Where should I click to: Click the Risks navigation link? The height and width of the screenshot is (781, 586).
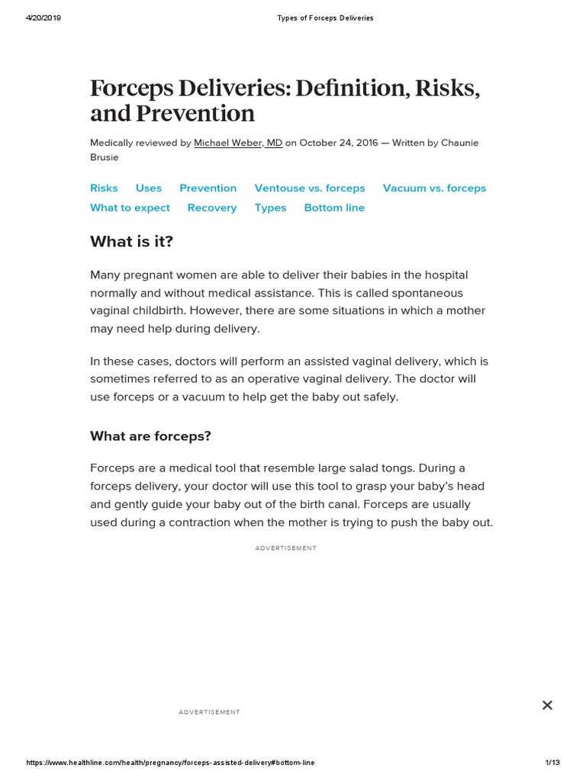pyautogui.click(x=104, y=188)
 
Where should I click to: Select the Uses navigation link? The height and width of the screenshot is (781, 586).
pyautogui.click(x=149, y=188)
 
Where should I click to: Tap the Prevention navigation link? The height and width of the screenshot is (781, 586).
pyautogui.click(x=208, y=188)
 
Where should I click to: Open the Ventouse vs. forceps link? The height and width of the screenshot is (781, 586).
pyautogui.click(x=310, y=188)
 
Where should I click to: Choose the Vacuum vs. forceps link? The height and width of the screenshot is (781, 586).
pyautogui.click(x=434, y=188)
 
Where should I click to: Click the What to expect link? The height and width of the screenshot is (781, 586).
pyautogui.click(x=130, y=207)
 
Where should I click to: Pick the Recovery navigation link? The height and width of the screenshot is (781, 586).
pyautogui.click(x=212, y=207)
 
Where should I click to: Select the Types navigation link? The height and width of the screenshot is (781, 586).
pyautogui.click(x=270, y=207)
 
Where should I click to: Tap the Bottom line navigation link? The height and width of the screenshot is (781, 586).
pyautogui.click(x=334, y=207)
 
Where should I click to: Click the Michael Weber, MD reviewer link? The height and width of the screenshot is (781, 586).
pyautogui.click(x=238, y=143)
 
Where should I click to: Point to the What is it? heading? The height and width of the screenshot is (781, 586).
pyautogui.click(x=132, y=242)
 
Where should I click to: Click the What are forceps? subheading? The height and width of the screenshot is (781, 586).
pyautogui.click(x=150, y=436)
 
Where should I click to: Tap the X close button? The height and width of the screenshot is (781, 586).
pyautogui.click(x=547, y=705)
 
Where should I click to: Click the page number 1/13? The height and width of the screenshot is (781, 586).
pyautogui.click(x=552, y=763)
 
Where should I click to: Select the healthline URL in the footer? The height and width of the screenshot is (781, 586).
pyautogui.click(x=170, y=763)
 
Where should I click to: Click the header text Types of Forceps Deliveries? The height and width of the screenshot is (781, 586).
pyautogui.click(x=324, y=18)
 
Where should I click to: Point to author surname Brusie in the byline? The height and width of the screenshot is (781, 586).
pyautogui.click(x=105, y=157)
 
